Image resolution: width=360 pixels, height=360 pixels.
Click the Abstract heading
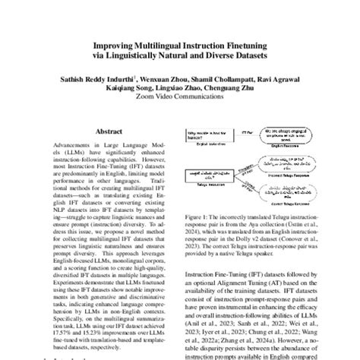click(108, 131)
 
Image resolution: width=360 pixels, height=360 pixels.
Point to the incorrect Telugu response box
click(288, 163)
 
